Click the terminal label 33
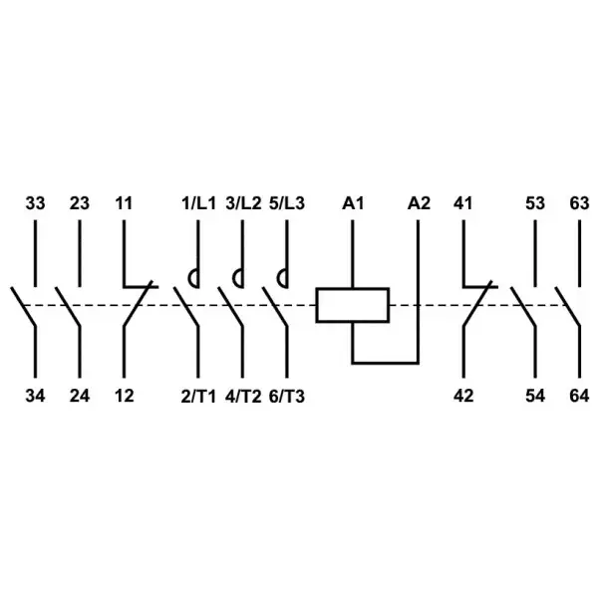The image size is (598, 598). pyautogui.click(x=35, y=203)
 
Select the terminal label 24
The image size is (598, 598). pyautogui.click(x=80, y=396)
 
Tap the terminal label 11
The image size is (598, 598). pyautogui.click(x=124, y=203)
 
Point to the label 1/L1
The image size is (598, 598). pyautogui.click(x=198, y=203)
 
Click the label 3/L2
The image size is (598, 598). pyautogui.click(x=243, y=203)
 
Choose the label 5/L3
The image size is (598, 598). pyautogui.click(x=287, y=203)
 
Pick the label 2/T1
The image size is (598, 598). pyautogui.click(x=198, y=397)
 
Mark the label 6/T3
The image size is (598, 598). pyautogui.click(x=287, y=397)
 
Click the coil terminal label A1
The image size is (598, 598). pyautogui.click(x=353, y=203)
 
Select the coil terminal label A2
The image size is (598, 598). pyautogui.click(x=419, y=203)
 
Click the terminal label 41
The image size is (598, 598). pyautogui.click(x=463, y=203)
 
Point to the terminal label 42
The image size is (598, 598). pyautogui.click(x=463, y=396)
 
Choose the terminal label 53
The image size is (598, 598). pyautogui.click(x=535, y=203)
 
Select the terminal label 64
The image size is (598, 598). pyautogui.click(x=579, y=396)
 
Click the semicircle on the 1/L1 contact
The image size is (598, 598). pyautogui.click(x=188, y=279)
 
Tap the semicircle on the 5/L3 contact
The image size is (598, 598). pyautogui.click(x=278, y=279)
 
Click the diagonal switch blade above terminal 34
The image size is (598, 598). pyautogui.click(x=23, y=306)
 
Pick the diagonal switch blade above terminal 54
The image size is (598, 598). pyautogui.click(x=523, y=306)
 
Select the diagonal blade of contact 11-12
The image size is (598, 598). pyautogui.click(x=138, y=304)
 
